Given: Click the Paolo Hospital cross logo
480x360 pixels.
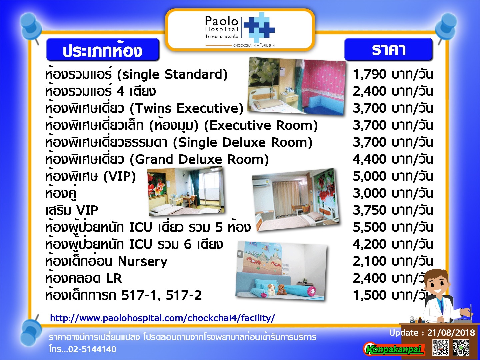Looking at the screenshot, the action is (x=259, y=28).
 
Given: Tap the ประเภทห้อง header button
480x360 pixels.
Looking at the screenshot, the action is (x=103, y=49).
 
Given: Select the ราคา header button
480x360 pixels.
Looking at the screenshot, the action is (x=388, y=49).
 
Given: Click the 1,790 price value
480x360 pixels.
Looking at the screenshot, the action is (x=370, y=75).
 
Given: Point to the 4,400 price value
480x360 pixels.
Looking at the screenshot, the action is (x=370, y=159).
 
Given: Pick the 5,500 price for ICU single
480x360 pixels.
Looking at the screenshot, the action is (x=370, y=227).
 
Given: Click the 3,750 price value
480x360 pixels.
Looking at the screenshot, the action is (x=370, y=210).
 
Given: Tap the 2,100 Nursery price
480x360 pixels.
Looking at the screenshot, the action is (x=370, y=261).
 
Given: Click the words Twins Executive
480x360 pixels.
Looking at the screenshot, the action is (x=186, y=108).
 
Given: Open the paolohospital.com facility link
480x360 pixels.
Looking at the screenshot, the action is (x=162, y=318).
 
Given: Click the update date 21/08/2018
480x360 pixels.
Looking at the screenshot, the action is (x=451, y=333).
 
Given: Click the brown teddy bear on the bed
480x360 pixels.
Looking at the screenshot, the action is (x=282, y=289).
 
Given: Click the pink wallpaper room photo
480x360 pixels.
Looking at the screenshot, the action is (x=297, y=86).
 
